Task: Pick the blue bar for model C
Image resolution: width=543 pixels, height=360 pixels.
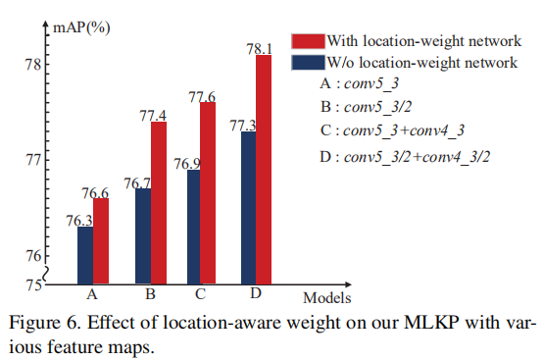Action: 193,228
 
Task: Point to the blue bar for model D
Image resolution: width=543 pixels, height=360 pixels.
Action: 248,208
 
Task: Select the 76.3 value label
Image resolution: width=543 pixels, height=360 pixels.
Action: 79,220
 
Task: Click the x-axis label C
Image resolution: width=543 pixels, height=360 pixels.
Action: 200,294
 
